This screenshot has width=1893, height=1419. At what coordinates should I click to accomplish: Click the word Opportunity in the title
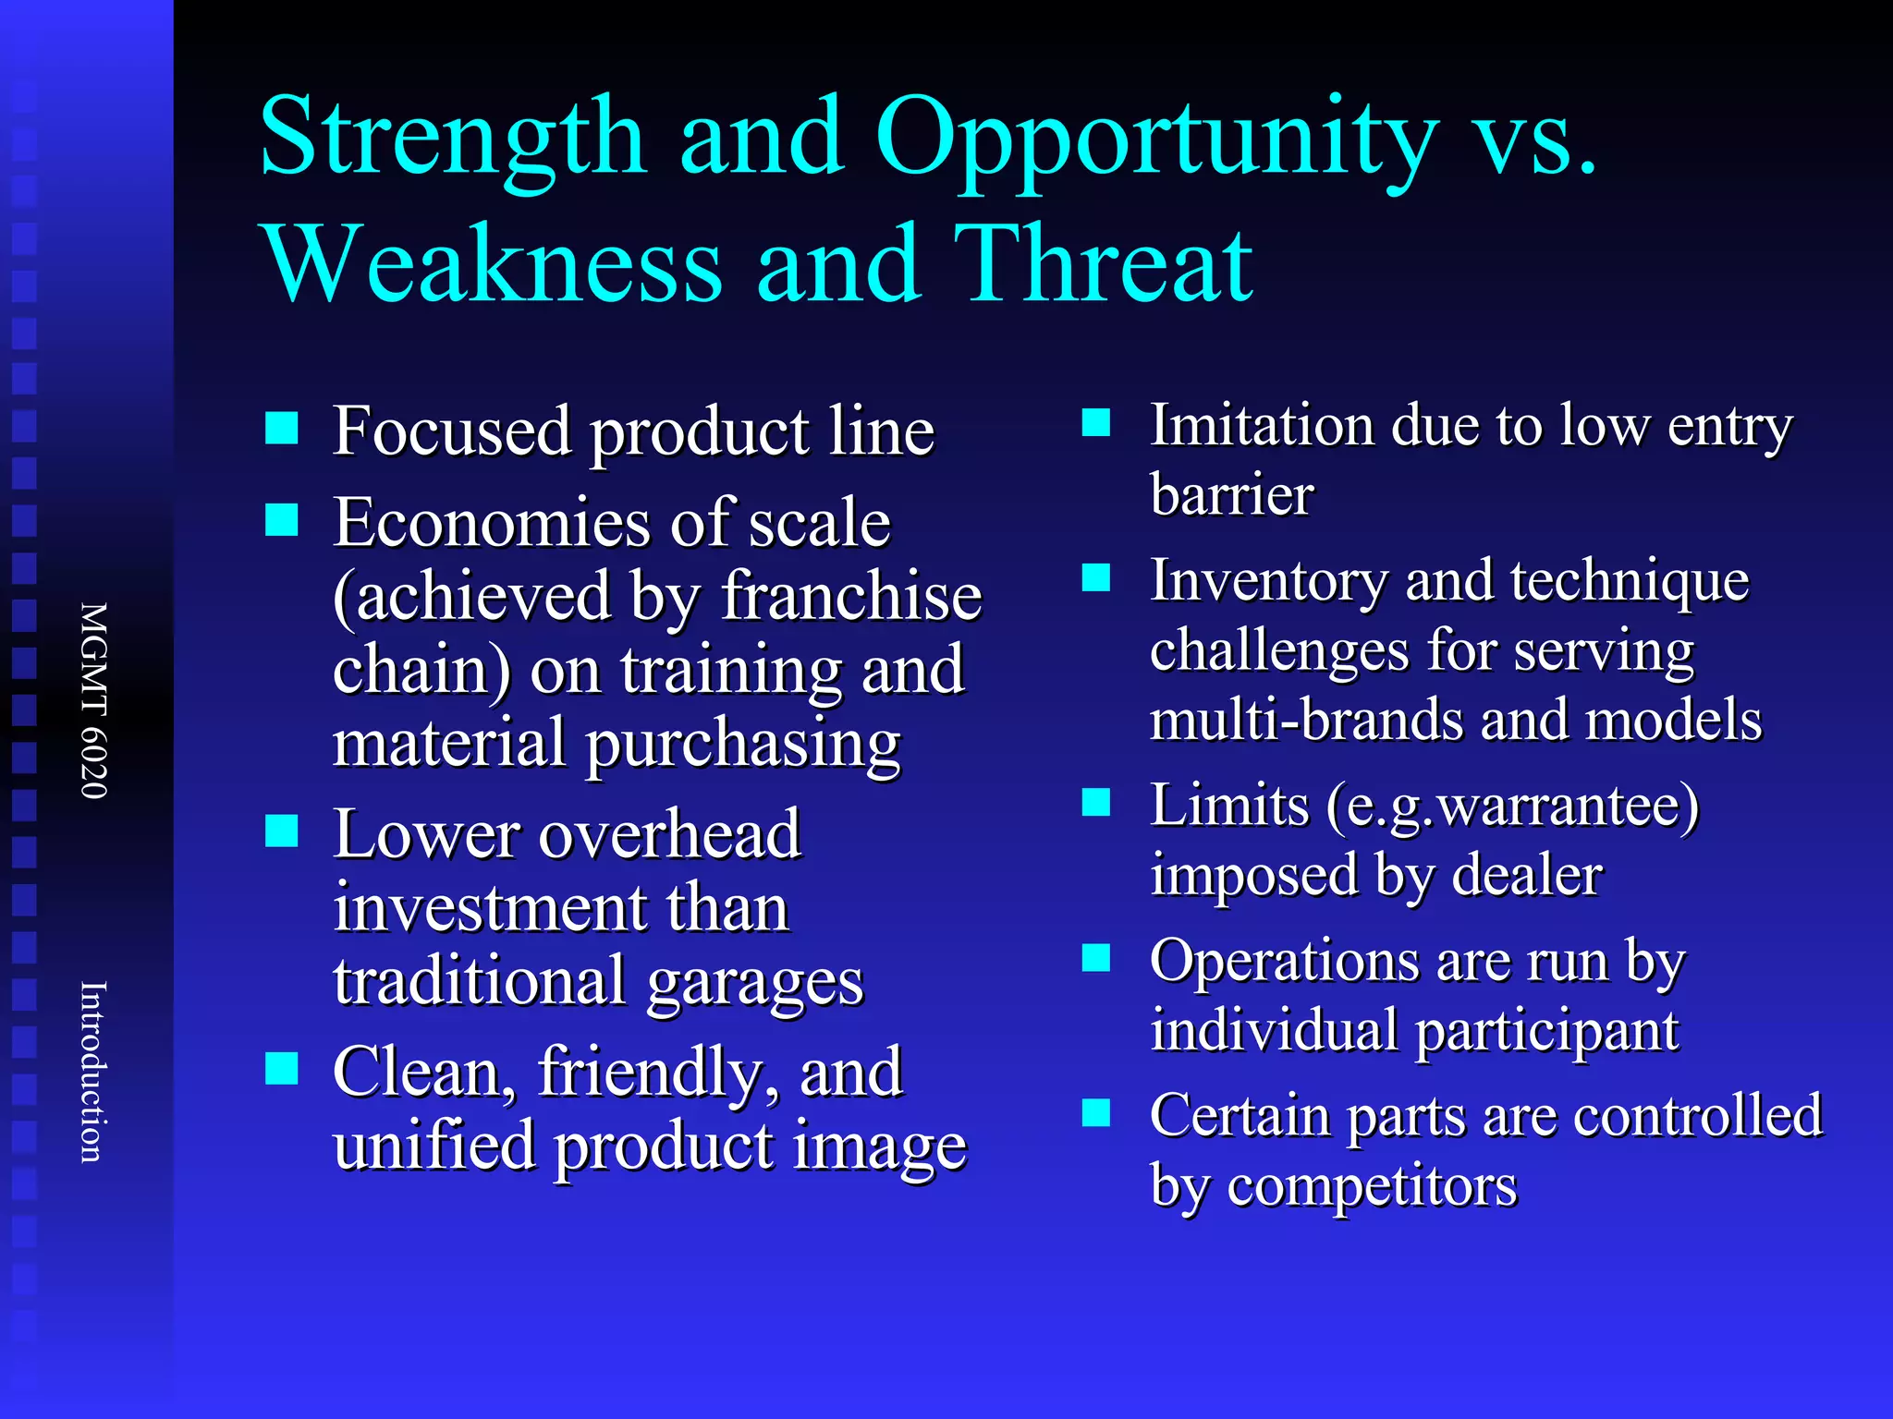pos(1155,139)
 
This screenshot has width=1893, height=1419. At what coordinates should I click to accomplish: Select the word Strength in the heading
pos(453,139)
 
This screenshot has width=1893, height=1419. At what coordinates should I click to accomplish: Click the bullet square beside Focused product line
pos(281,429)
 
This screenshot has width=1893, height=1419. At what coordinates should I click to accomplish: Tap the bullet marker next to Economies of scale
pos(281,520)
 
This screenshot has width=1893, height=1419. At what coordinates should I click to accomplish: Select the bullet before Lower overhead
pos(281,831)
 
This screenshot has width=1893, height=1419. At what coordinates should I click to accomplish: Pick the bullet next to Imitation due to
pos(1096,423)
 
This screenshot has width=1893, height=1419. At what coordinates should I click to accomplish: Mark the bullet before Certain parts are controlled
pos(1096,1113)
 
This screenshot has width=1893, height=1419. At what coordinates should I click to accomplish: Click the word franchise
pos(851,596)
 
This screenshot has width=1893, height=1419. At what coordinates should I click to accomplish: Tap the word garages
pos(755,982)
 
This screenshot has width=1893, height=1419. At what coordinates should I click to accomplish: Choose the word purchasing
pos(743,745)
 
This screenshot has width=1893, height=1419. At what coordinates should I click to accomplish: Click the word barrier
pos(1231,495)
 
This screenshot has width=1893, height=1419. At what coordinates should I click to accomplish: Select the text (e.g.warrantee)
pos(1512,806)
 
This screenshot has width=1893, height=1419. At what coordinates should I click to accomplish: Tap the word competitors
pos(1372,1187)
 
